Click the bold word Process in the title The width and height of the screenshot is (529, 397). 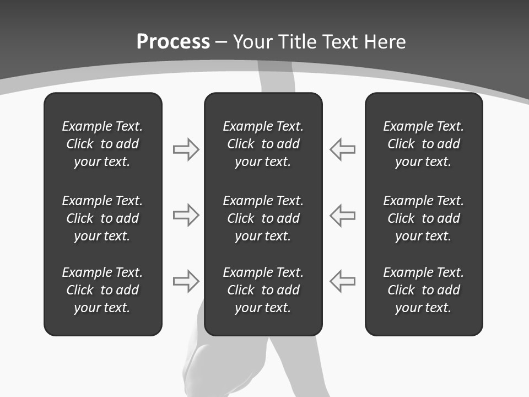[x=173, y=42]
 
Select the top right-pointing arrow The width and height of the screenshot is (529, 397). [x=186, y=149]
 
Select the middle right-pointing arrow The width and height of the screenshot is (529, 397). [x=186, y=215]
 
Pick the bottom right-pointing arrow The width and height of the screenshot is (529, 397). [x=186, y=281]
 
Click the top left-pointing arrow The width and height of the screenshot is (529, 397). [x=343, y=149]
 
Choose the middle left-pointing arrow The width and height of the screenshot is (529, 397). [x=343, y=215]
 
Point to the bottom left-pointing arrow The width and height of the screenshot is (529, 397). [x=343, y=281]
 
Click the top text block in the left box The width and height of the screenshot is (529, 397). [x=102, y=144]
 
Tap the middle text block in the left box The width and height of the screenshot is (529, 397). [x=102, y=218]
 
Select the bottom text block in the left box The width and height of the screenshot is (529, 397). [x=102, y=290]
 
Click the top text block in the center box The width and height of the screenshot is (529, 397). [x=263, y=144]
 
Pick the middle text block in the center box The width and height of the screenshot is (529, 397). [x=263, y=218]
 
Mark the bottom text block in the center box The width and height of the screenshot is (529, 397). [x=263, y=290]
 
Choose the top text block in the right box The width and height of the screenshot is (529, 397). [x=423, y=144]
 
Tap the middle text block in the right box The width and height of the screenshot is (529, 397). [x=423, y=218]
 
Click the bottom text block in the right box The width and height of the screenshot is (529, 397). [x=423, y=290]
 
